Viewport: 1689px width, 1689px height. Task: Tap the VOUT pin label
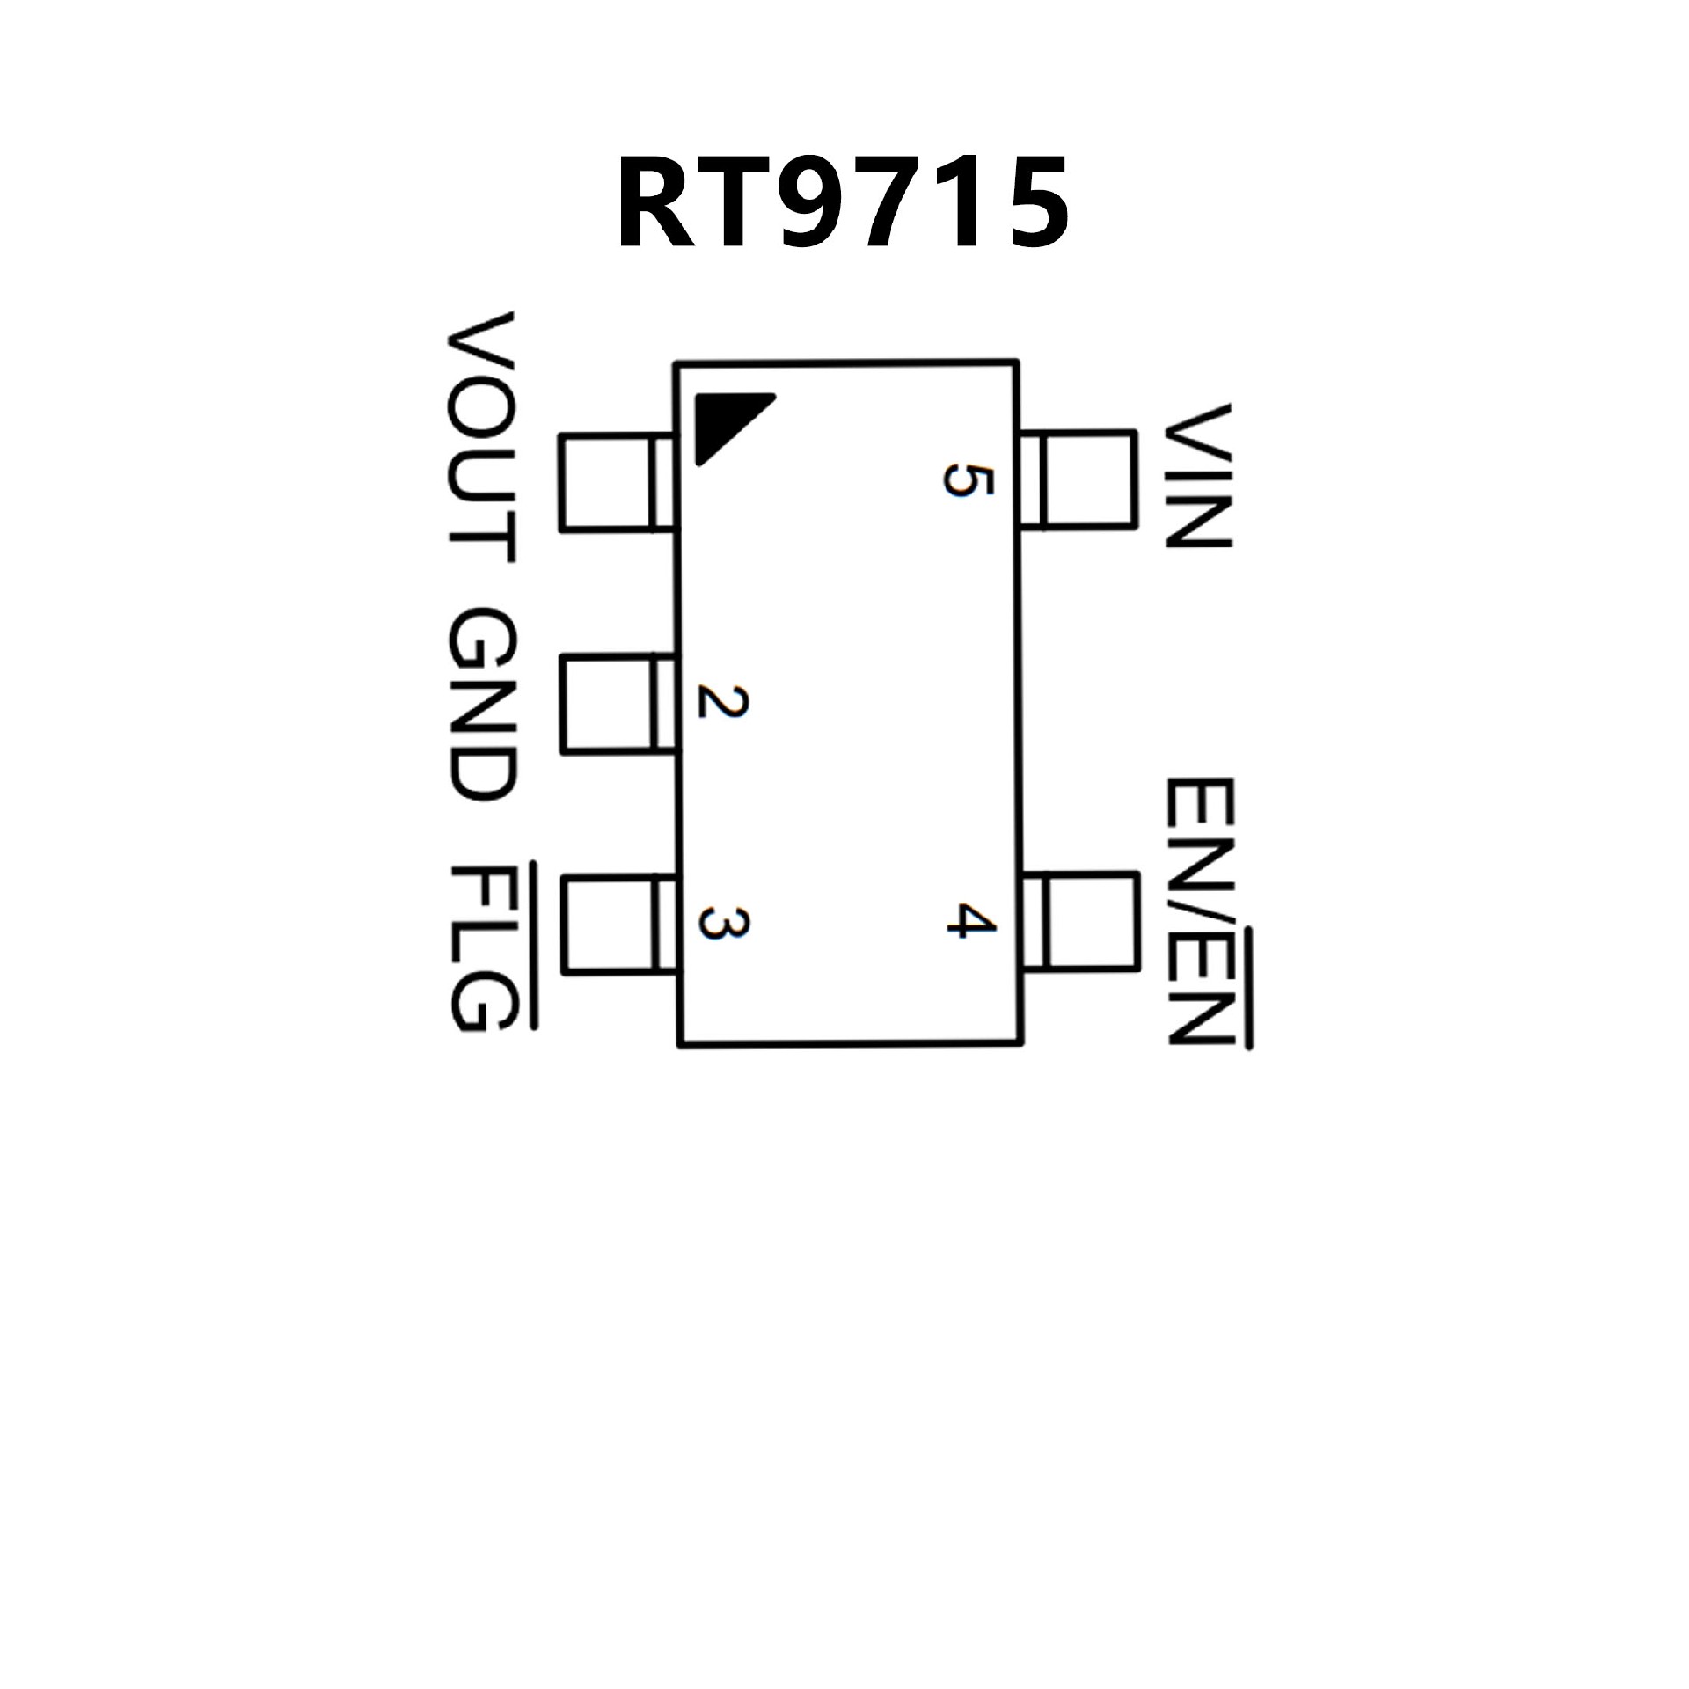480,437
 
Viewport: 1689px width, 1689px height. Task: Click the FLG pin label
480,947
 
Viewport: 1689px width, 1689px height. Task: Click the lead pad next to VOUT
616,482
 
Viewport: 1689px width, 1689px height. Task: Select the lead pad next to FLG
616,924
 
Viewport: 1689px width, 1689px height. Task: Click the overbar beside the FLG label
531,947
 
